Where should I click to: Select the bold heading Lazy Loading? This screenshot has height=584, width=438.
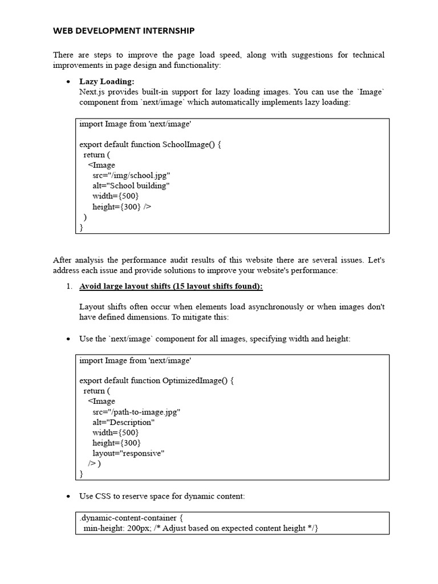[x=107, y=82]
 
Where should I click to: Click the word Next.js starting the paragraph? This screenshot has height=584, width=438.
[x=92, y=92]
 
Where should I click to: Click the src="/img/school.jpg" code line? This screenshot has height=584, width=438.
[x=131, y=176]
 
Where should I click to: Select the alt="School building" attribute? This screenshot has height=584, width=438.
[x=131, y=186]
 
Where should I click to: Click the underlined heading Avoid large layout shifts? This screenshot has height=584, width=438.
[x=171, y=286]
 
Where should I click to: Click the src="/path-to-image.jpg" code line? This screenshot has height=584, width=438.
[x=137, y=412]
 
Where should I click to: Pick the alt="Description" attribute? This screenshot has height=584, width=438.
[x=123, y=423]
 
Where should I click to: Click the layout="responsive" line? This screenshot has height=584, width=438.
[x=128, y=453]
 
